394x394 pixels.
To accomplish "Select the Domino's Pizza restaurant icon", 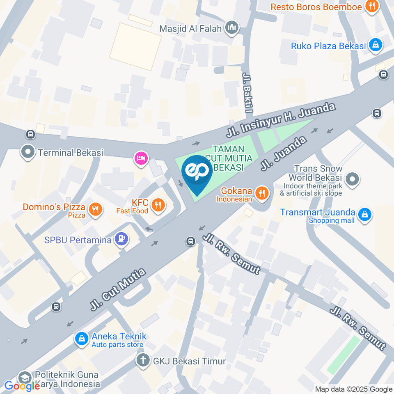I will click(95, 208).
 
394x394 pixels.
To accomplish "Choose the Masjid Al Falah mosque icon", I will click(232, 28).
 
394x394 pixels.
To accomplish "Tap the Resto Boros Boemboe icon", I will click(372, 7).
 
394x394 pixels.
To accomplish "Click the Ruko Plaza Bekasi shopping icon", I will click(375, 46).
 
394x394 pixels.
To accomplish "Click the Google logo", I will click(22, 386).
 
